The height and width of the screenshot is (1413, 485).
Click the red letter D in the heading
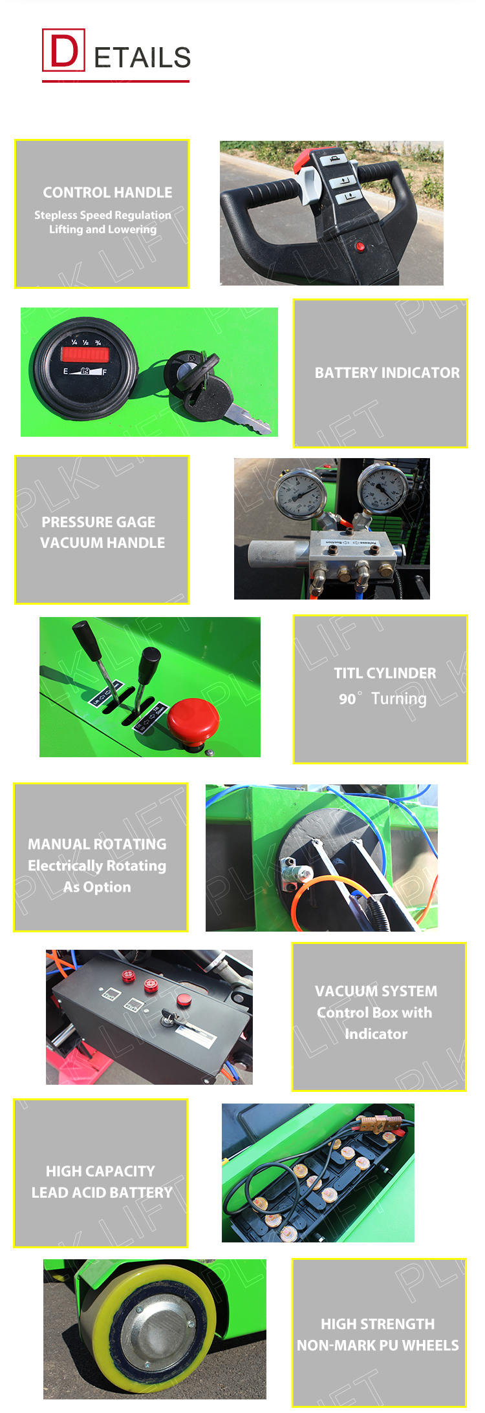pyautogui.click(x=63, y=50)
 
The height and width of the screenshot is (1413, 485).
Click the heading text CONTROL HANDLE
pyautogui.click(x=107, y=193)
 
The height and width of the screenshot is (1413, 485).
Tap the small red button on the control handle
pyautogui.click(x=361, y=246)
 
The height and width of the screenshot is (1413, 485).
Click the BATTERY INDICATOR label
pyautogui.click(x=387, y=373)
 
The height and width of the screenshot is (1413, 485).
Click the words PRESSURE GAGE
pyautogui.click(x=98, y=522)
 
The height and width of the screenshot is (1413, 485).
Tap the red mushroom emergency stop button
pyautogui.click(x=193, y=719)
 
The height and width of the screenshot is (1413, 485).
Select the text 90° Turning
pyautogui.click(x=382, y=698)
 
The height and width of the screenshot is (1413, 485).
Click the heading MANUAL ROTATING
pyautogui.click(x=97, y=844)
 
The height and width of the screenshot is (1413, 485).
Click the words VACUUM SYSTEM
pyautogui.click(x=376, y=991)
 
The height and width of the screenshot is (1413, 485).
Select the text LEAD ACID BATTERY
pyautogui.click(x=102, y=1193)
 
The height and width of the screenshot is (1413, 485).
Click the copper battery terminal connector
pyautogui.click(x=378, y=1123)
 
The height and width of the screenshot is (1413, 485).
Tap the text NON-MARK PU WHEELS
pyautogui.click(x=378, y=1345)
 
